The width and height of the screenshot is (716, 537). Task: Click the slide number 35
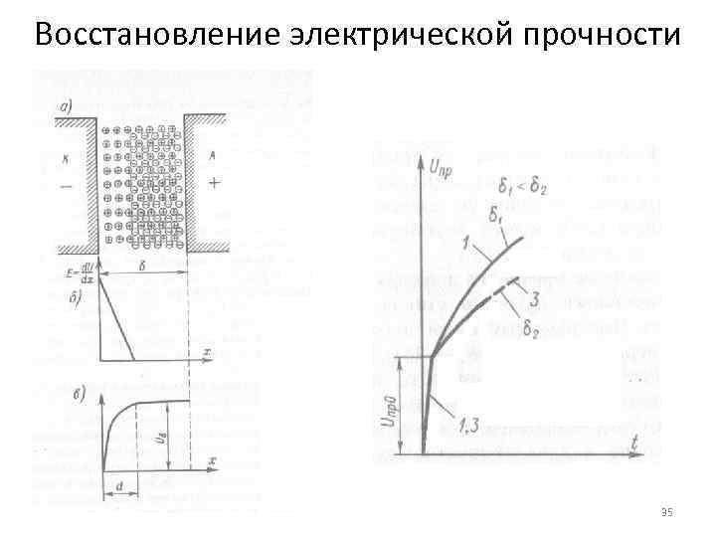pyautogui.click(x=666, y=511)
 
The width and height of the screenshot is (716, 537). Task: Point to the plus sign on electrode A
pyautogui.click(x=215, y=184)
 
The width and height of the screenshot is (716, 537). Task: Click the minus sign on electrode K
pyautogui.click(x=66, y=185)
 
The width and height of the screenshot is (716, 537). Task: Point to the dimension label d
pyautogui.click(x=120, y=485)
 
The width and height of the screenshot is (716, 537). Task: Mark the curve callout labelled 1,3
pyautogui.click(x=470, y=427)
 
